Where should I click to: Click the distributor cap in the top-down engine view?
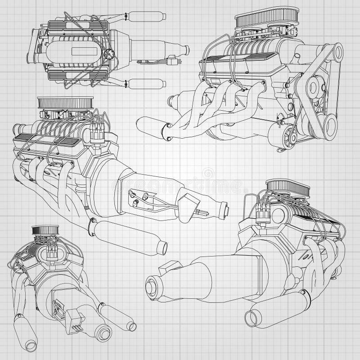[108, 53]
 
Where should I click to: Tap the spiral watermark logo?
[208, 173]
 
